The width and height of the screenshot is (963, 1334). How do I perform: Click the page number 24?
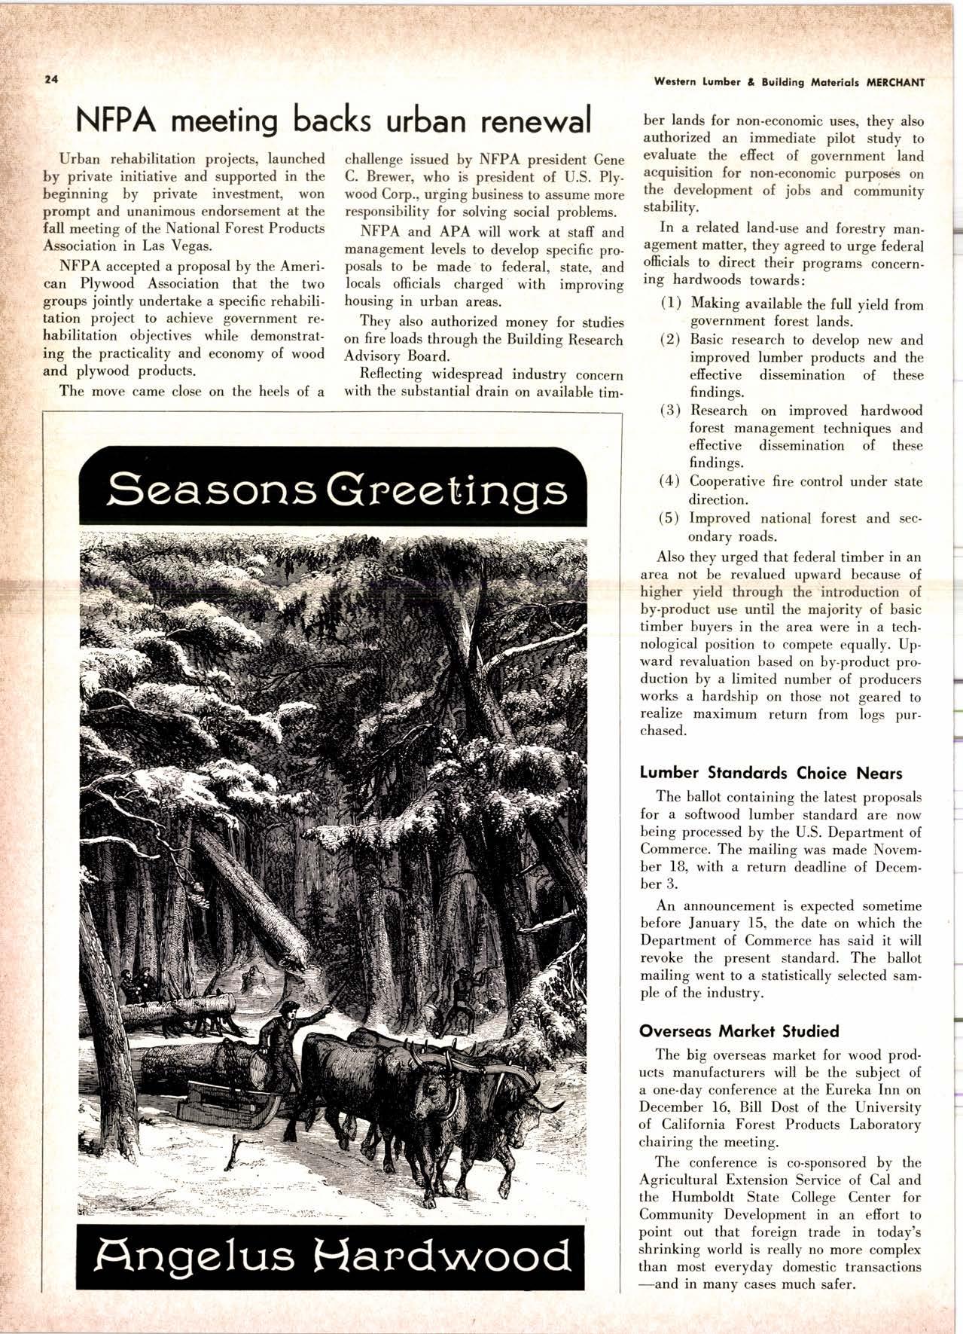pyautogui.click(x=50, y=79)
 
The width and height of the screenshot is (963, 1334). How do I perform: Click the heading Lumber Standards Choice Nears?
pyautogui.click(x=770, y=773)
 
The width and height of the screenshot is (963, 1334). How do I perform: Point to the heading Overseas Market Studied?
pyautogui.click(x=739, y=1030)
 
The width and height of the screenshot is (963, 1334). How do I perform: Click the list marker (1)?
pyautogui.click(x=672, y=304)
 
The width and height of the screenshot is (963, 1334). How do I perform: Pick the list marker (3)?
pyautogui.click(x=671, y=411)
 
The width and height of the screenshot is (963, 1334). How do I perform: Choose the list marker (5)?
pyautogui.click(x=671, y=518)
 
